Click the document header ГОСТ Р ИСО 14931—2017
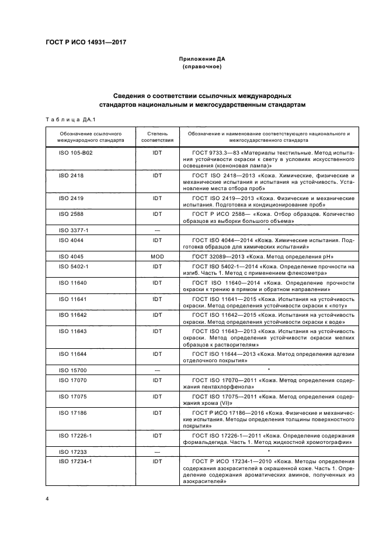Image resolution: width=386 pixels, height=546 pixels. tap(86, 42)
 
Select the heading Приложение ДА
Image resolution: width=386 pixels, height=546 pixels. tap(201, 59)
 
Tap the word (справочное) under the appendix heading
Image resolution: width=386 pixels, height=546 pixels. tap(201, 67)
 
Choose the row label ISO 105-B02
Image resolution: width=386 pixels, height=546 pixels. tap(74, 152)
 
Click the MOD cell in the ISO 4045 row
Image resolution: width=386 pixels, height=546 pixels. tap(157, 257)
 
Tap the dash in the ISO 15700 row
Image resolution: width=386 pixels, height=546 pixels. tap(157, 370)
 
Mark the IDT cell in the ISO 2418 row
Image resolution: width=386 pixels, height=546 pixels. tap(157, 175)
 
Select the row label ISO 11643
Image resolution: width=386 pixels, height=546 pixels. tap(72, 331)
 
